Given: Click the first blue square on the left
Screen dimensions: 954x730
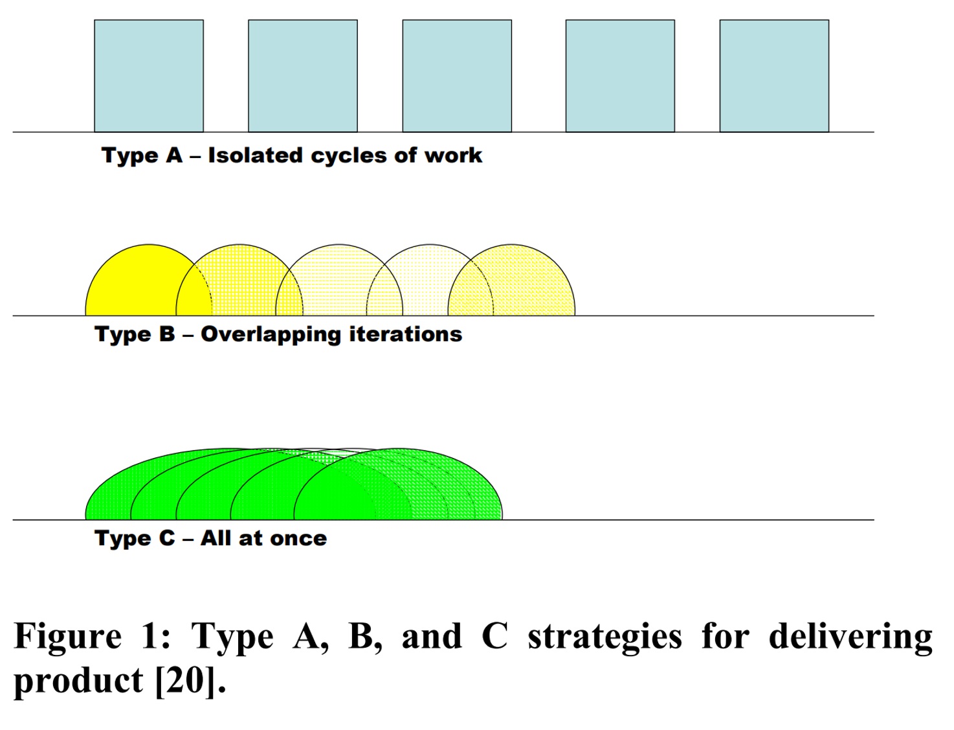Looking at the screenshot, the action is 149,76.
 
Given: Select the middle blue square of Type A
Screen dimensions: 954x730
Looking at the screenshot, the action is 457,76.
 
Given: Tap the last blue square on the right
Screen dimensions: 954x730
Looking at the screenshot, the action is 774,76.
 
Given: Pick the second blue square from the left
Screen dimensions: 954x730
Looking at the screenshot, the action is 303,76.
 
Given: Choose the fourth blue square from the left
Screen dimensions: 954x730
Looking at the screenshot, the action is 620,76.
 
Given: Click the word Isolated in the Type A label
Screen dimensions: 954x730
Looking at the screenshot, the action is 255,155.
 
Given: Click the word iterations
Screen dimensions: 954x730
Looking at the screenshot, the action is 406,334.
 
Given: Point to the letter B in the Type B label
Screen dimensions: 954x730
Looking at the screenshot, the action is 167,334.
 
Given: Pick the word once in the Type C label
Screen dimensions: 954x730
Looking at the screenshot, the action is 298,539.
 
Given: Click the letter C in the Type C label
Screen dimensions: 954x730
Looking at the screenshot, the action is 167,538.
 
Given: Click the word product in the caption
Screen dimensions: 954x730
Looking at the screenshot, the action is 78,681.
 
